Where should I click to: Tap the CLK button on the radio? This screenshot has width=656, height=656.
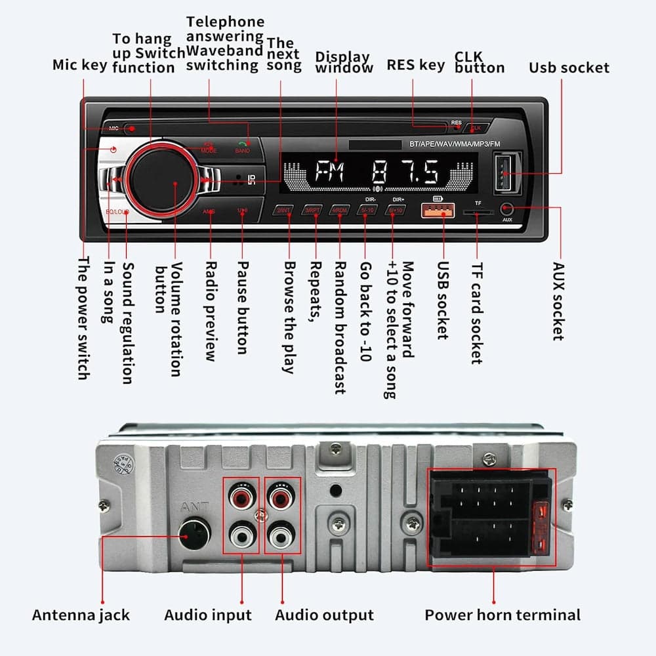(x=478, y=127)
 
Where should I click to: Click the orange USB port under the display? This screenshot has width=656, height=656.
(x=443, y=211)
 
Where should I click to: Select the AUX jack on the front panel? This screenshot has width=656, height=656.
(x=506, y=209)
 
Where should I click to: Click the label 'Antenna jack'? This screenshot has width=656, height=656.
(x=81, y=615)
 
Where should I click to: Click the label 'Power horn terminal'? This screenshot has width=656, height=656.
(x=502, y=615)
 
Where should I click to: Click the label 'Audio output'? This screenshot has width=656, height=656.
(x=324, y=615)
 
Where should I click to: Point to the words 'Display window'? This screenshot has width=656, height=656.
(x=344, y=62)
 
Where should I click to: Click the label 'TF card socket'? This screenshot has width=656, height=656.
(x=477, y=314)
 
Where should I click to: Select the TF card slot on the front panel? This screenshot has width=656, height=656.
(x=477, y=213)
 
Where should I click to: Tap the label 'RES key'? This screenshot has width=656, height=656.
(x=415, y=65)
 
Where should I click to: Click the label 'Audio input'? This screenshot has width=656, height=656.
(x=208, y=615)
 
